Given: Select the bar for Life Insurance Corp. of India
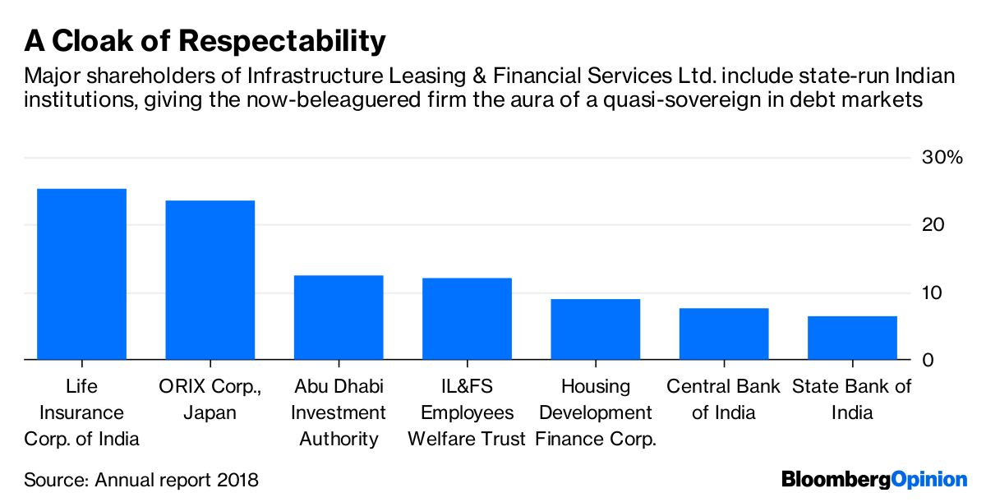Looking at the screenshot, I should click(x=81, y=274).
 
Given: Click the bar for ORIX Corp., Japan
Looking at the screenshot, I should click(x=210, y=280).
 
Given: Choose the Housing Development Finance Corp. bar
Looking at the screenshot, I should click(x=595, y=329).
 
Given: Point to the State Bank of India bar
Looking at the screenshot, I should click(x=852, y=338).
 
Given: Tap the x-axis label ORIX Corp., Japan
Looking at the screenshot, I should click(x=210, y=399).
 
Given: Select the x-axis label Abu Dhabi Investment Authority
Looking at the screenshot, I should click(x=339, y=412).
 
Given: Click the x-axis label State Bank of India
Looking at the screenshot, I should click(x=852, y=399).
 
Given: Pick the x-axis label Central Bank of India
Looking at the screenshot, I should click(x=724, y=399).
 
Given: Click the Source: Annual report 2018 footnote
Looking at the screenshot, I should click(x=141, y=479).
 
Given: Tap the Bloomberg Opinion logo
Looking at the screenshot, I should click(x=874, y=479).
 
